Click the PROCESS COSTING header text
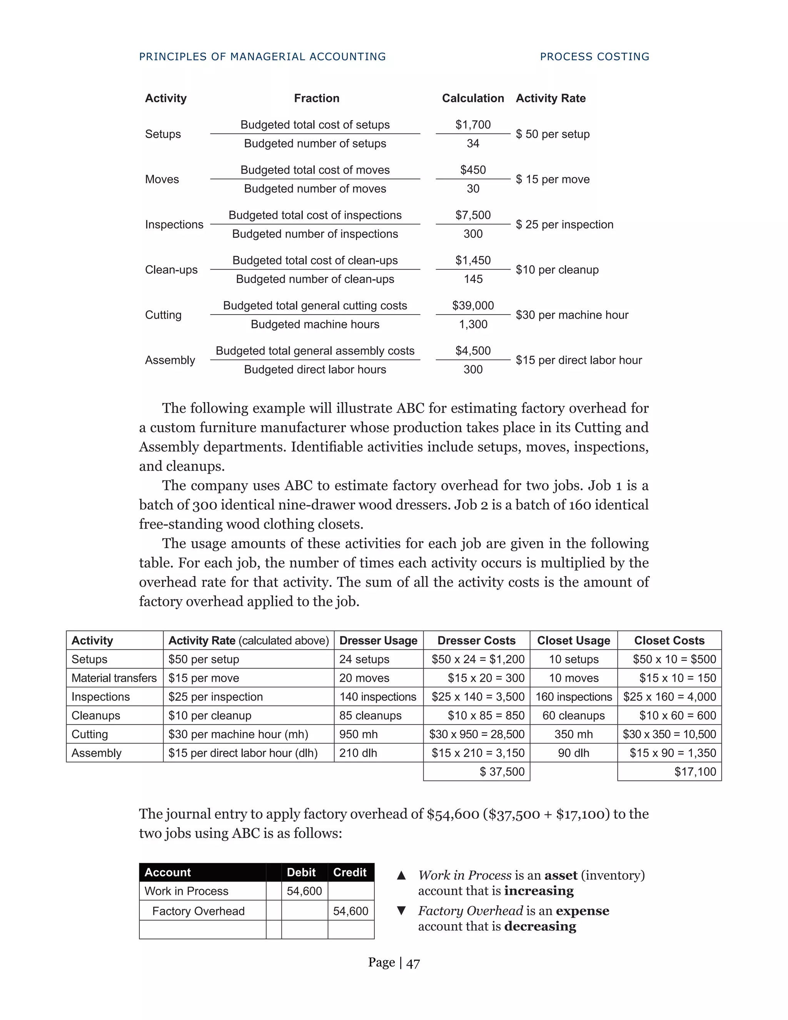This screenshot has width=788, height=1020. tap(594, 57)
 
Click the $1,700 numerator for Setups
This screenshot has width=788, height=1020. tap(473, 125)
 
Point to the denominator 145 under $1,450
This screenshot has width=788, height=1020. tap(473, 279)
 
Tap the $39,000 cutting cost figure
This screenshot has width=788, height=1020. tap(473, 306)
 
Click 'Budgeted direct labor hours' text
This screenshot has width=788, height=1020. tap(315, 370)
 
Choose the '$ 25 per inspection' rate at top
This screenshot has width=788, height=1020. tap(564, 225)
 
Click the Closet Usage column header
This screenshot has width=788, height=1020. tap(573, 640)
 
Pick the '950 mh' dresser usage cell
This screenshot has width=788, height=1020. tap(358, 734)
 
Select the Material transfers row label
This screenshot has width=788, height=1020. tap(114, 678)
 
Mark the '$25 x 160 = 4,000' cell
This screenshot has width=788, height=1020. tap(669, 697)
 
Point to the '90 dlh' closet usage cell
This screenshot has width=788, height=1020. tap(573, 753)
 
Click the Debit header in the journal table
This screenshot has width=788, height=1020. tap(301, 873)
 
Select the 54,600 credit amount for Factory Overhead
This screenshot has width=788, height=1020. tap(351, 911)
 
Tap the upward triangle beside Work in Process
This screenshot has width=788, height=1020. tap(401, 876)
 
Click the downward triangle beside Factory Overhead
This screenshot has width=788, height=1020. tap(401, 911)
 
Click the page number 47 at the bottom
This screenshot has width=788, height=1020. tap(413, 963)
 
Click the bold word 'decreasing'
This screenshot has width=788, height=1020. tap(540, 926)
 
